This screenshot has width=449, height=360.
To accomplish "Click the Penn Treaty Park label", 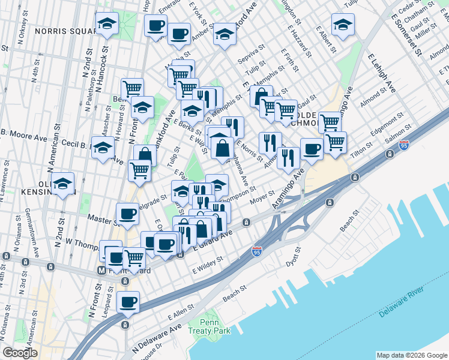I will click(215, 326).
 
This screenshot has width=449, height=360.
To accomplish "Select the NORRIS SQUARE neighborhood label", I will click(63, 31).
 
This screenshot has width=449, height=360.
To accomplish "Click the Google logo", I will click(20, 353).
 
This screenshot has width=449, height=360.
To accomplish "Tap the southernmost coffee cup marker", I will click(127, 302).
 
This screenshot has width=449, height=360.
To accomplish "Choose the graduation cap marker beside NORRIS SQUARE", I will click(107, 23).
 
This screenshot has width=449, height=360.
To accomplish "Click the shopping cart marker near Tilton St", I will click(335, 142).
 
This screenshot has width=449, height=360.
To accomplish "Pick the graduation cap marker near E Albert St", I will click(343, 24).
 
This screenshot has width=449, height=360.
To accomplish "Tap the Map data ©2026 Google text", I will click(412, 355).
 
